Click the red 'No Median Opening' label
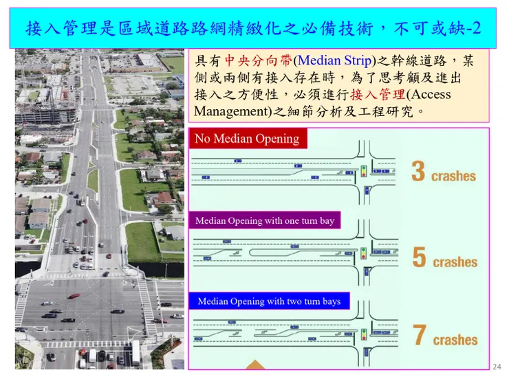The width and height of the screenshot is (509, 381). pos(248,139)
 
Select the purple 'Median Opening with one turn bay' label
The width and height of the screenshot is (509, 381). pos(265,220)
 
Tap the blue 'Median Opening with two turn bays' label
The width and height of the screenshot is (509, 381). pos(269,301)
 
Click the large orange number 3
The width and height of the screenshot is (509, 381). pos(418,171)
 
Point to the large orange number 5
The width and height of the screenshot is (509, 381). pos(419,257)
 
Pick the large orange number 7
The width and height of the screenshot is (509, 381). pos(419,335)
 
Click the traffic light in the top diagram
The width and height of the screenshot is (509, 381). pos(364,171)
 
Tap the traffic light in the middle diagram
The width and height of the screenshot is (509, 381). pos(364,253)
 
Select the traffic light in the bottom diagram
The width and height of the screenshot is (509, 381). pos(364,334)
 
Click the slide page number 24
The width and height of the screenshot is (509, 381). pos(497,367)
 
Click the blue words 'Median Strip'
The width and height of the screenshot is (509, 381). pos(334,60)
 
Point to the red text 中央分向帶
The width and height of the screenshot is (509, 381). pos(259,60)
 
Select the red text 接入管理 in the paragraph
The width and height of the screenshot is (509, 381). pos(378,95)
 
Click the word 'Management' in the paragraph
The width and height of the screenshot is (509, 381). pos(232,112)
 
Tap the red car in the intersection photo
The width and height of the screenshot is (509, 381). pos(74,296)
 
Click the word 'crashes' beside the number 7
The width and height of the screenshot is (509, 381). pos(455,340)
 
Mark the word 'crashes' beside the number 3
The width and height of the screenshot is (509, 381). pos(453,176)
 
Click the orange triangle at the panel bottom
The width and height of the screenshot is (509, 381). pos(255,365)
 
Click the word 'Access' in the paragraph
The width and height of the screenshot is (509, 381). pos(431,95)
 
